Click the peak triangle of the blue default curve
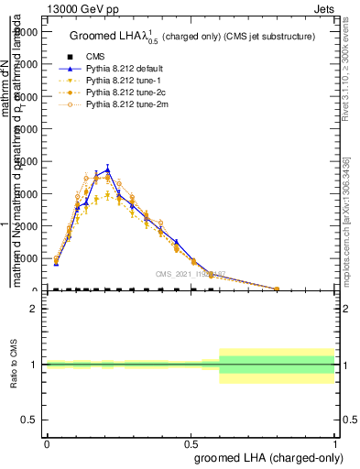coord(108,169)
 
